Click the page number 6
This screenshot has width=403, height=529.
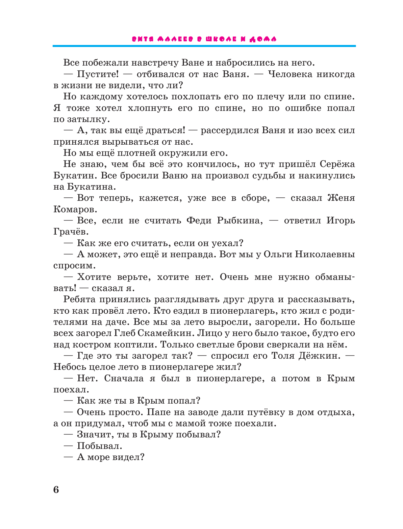[56, 489]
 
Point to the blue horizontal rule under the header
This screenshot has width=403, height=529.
[204, 46]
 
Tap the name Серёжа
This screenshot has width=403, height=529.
[337, 164]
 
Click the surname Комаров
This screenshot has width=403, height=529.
[75, 209]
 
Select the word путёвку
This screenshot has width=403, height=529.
[266, 412]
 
